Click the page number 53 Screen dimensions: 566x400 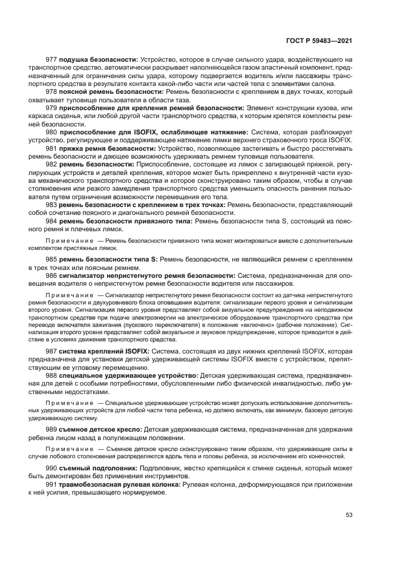point(349,515)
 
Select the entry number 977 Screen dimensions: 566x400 point(51,60)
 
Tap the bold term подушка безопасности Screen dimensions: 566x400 point(98,60)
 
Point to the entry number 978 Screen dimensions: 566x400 point(51,91)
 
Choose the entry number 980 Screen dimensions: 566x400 point(51,131)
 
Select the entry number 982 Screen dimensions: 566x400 point(51,163)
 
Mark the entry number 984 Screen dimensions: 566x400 point(51,222)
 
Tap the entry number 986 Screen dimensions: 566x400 point(51,275)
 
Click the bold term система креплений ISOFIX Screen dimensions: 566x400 point(100,351)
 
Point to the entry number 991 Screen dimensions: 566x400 point(51,484)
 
